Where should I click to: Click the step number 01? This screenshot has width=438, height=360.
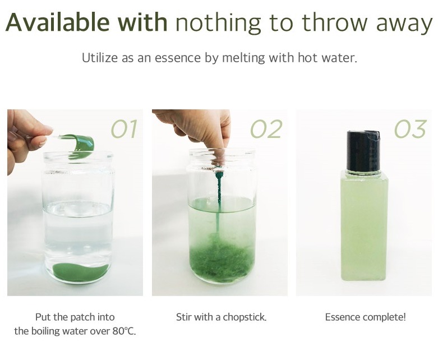tap(125, 129)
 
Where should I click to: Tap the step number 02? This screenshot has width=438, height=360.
tap(266, 129)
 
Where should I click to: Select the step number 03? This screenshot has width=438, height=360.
tap(411, 129)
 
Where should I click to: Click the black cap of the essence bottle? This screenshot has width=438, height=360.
tap(363, 150)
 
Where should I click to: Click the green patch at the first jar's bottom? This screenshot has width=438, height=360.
tap(80, 271)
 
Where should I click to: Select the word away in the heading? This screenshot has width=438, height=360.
tap(404, 24)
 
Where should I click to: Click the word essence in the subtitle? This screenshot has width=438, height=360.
tap(177, 58)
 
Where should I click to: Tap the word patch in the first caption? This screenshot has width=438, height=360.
tap(82, 317)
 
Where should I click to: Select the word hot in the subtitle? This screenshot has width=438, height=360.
tap(308, 58)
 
